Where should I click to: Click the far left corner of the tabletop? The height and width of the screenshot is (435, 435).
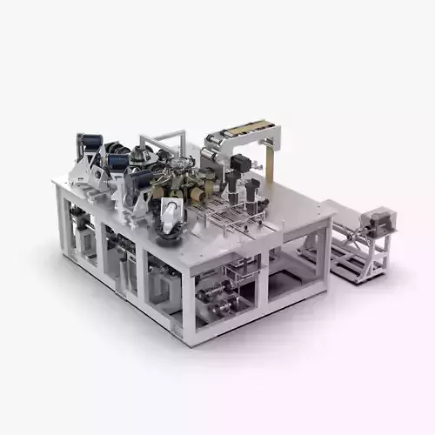pos(54,183)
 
